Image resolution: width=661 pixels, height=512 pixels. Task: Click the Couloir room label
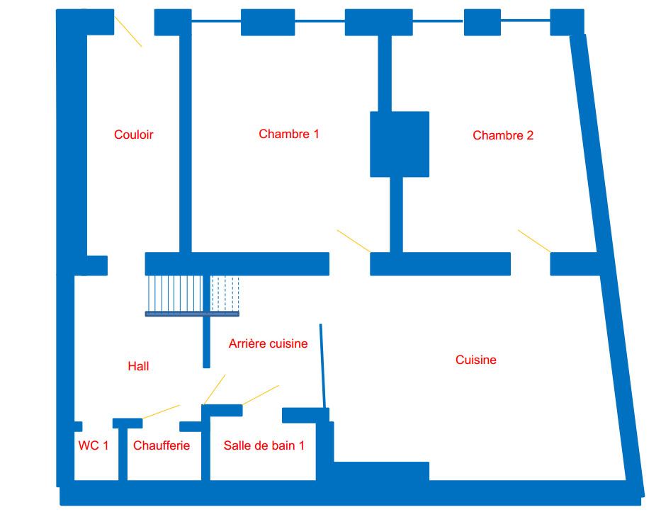[133, 135]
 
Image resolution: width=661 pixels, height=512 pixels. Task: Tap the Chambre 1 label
[289, 134]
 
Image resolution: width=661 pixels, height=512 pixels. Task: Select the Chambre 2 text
[503, 135]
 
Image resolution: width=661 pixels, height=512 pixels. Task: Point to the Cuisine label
[476, 360]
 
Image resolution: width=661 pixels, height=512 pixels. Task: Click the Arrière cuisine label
[268, 343]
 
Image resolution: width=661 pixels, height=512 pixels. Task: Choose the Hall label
[138, 366]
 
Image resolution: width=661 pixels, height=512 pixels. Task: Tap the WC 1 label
[94, 445]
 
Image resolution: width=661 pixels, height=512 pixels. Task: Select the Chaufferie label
[162, 445]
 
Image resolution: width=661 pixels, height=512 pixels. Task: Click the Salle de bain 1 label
[264, 445]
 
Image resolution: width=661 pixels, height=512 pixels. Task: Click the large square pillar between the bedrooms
[400, 144]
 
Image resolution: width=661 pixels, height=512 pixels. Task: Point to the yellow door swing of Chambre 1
[354, 241]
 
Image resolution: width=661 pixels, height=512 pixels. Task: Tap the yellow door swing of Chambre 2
[534, 241]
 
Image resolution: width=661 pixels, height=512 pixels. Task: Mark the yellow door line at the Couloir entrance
[128, 32]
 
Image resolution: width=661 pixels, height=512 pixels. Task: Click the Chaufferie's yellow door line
[161, 411]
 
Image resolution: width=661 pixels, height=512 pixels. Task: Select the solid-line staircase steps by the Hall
[176, 294]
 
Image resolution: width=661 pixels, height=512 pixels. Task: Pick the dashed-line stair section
[225, 294]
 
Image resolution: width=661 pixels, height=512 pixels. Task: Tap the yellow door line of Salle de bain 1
[260, 395]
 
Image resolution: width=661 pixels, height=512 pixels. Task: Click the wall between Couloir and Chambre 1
[186, 144]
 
